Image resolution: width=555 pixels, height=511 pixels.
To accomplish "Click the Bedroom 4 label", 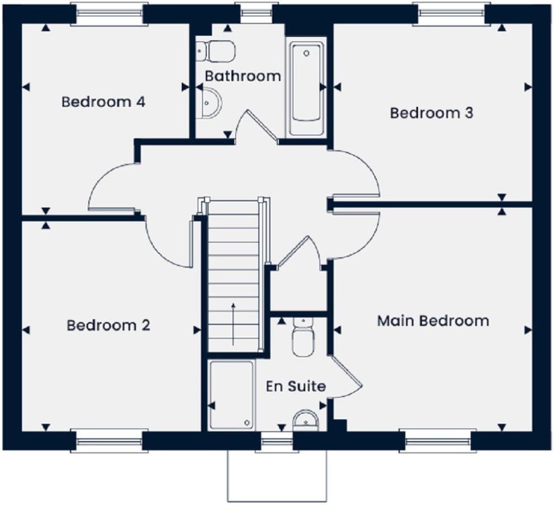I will coord(103,102).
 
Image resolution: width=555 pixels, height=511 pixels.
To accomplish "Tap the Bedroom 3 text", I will coord(431,113).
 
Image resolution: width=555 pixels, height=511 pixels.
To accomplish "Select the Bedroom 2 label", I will coord(108,325).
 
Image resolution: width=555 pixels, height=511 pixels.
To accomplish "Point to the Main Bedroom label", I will coord(433,321).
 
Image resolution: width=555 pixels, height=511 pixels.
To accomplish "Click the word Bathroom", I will coord(243,76).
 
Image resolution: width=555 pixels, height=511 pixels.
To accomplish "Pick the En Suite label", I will coord(296,386).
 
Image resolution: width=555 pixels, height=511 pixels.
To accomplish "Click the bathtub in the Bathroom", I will coord(306,87).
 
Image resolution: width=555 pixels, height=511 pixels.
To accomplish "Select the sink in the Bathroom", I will coord(209,103).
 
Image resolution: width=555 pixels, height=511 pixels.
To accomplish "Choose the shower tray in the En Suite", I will coord(231,395).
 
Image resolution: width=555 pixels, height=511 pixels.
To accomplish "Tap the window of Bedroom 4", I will coord(110,14).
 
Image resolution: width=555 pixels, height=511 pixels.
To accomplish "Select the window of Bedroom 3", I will coord(451,14).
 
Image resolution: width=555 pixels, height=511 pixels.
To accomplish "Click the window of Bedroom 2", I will coord(110,441).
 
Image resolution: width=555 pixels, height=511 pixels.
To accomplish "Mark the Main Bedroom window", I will coord(438,441).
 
